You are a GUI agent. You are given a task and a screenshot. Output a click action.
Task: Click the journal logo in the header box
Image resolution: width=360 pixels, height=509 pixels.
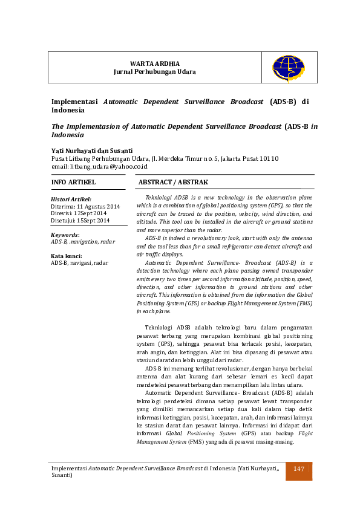(x=289, y=68)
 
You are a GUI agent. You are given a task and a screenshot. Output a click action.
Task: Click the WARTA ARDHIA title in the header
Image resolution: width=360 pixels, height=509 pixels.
(x=155, y=63)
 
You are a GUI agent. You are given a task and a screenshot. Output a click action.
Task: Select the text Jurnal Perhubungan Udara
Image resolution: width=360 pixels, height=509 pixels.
(x=155, y=71)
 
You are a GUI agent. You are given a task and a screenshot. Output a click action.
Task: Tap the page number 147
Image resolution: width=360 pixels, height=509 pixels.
(x=299, y=469)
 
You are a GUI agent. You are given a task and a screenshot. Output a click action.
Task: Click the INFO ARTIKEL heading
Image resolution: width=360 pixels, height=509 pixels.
(x=73, y=181)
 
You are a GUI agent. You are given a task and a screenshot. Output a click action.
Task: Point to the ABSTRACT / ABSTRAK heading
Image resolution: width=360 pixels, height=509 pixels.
(x=173, y=181)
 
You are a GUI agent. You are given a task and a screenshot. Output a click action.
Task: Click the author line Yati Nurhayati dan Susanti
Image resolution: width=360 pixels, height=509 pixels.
(x=92, y=150)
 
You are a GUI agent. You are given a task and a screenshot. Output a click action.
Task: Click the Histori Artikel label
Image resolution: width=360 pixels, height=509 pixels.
(x=71, y=199)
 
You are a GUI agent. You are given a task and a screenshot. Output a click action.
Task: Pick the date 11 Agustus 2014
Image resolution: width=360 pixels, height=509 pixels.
(x=98, y=206)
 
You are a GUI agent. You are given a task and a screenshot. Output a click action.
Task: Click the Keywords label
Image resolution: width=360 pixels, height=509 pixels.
(x=65, y=235)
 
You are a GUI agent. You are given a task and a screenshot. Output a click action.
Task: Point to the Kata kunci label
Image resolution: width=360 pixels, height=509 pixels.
(x=67, y=256)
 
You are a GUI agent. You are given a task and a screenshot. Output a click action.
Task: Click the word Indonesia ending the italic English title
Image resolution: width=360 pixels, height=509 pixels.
(x=67, y=135)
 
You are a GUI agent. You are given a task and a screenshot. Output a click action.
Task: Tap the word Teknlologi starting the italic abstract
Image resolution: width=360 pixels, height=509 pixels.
(x=159, y=198)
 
